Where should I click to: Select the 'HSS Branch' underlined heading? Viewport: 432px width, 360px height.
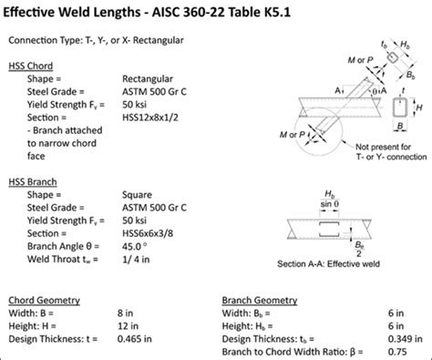(x=36, y=181)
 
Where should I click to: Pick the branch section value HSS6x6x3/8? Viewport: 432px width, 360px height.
(x=152, y=232)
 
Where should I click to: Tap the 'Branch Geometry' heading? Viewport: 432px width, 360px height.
(x=261, y=298)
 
